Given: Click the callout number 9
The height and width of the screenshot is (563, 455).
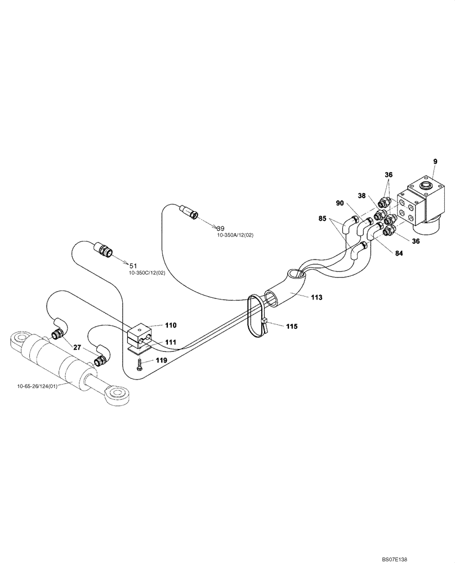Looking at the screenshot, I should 435,162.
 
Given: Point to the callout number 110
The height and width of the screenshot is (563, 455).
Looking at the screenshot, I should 171,325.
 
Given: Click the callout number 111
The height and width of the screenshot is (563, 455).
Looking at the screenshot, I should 171,342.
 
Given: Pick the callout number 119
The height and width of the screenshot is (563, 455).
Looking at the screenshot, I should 161,359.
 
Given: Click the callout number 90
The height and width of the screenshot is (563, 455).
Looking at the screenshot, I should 340,203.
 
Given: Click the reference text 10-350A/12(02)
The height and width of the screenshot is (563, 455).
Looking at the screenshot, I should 235,235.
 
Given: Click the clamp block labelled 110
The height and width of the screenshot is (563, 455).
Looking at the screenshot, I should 140,336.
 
